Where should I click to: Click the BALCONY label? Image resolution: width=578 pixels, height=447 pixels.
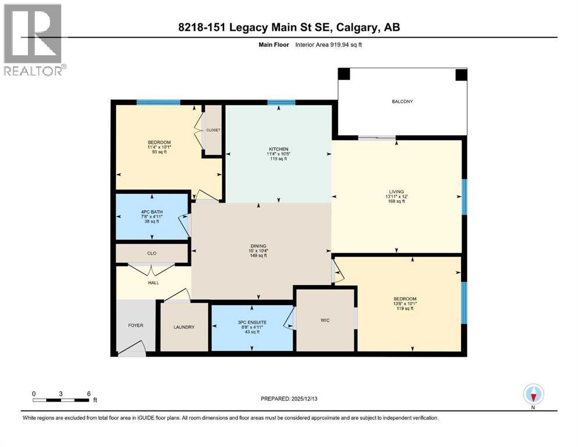402,102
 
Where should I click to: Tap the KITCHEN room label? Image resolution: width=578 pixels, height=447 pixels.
278,150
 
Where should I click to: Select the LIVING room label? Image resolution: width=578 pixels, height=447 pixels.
396,190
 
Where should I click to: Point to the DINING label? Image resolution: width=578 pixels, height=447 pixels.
258,246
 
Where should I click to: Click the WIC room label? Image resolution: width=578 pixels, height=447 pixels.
325,320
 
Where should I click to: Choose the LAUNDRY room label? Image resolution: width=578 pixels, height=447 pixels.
183,327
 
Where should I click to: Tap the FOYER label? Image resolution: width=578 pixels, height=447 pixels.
136,325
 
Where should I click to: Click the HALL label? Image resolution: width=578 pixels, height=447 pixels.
153,283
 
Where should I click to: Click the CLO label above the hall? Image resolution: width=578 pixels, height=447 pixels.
152,254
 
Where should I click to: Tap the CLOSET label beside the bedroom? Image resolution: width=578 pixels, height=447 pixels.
213,130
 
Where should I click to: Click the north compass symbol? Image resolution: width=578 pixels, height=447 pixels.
533,395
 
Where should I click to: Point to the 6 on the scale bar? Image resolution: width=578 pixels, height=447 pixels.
88,393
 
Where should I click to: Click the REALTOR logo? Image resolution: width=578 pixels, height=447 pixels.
33,40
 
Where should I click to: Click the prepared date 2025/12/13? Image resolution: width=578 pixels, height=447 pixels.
304,399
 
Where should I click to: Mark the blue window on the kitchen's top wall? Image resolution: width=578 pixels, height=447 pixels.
281,103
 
